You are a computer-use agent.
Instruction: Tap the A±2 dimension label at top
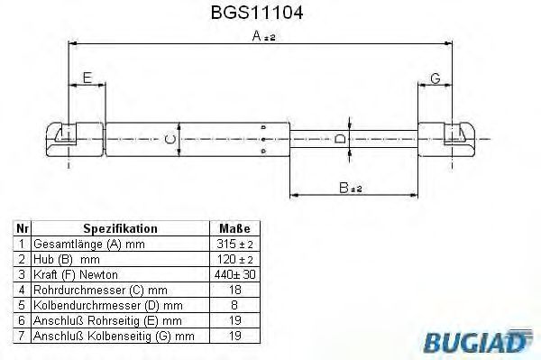point(264,36)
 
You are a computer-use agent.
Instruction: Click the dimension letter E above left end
point(87,78)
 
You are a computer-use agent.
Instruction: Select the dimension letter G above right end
point(435,78)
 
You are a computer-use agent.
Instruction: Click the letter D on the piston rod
point(339,139)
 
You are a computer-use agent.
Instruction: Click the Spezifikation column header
point(120,229)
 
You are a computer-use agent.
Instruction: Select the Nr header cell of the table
point(22,229)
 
